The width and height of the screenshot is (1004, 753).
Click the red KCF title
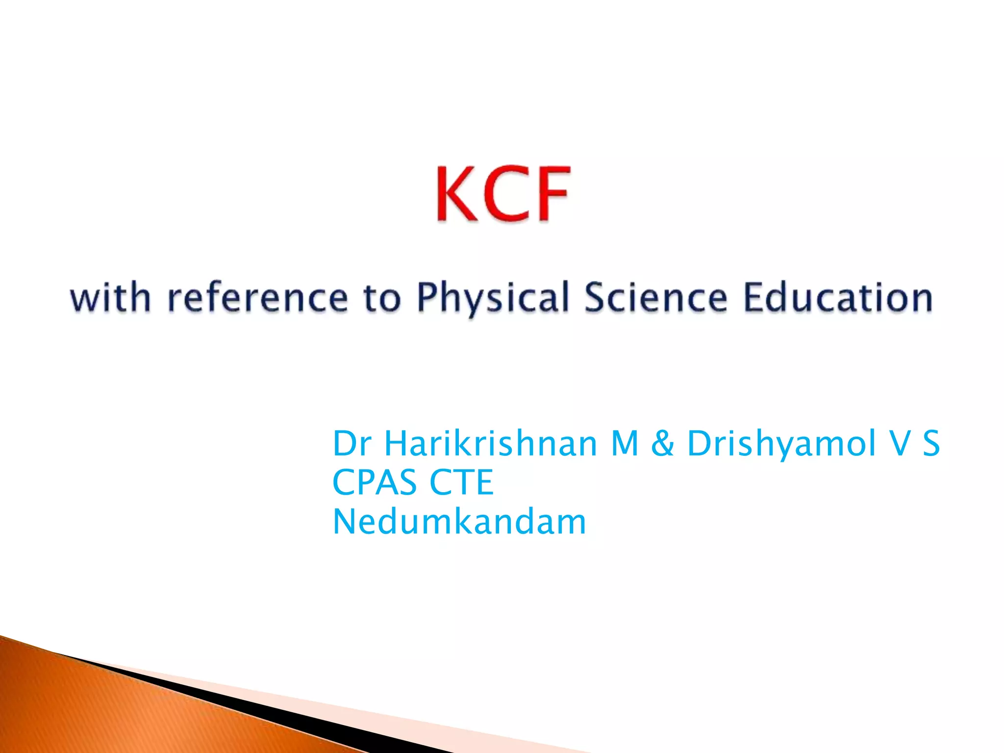(x=503, y=195)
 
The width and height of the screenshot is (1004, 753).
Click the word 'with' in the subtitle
(x=110, y=298)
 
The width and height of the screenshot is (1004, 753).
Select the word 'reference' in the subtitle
(x=258, y=298)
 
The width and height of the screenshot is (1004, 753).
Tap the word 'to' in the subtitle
(x=382, y=298)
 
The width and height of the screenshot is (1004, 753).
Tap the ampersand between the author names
(x=662, y=443)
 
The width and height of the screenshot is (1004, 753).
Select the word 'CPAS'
(x=374, y=482)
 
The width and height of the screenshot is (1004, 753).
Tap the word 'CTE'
(x=461, y=482)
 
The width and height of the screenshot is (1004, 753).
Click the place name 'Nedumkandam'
(x=459, y=522)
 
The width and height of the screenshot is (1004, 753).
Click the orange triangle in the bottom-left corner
(x=98, y=706)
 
